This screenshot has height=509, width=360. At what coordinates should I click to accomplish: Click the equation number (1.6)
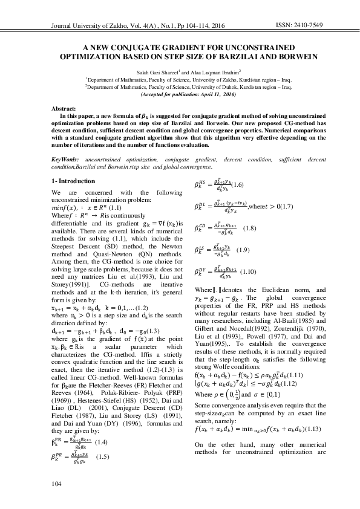pyautogui.click(x=238, y=184)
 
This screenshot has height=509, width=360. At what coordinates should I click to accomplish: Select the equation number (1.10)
pyautogui.click(x=249, y=271)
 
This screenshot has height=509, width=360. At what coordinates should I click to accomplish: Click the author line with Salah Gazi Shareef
pyautogui.click(x=180, y=71)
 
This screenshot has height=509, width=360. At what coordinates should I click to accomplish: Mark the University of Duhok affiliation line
pyautogui.click(x=180, y=87)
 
